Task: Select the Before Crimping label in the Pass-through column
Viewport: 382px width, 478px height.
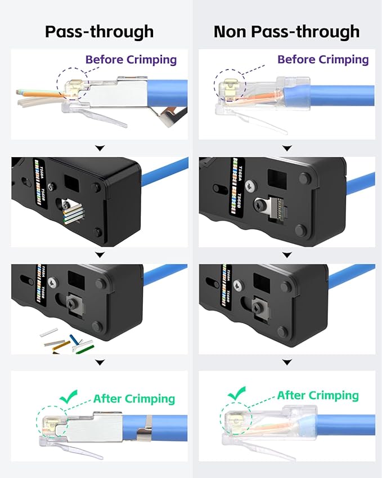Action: click(x=131, y=59)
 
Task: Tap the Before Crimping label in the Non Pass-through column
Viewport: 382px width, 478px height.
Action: click(x=323, y=59)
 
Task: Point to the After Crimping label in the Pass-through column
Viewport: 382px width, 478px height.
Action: click(x=134, y=399)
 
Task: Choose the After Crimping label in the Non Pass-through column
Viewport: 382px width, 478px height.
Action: click(x=317, y=395)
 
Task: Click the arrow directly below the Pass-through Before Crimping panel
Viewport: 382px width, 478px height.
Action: click(x=100, y=148)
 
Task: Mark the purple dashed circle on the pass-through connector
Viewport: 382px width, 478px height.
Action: click(x=72, y=86)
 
